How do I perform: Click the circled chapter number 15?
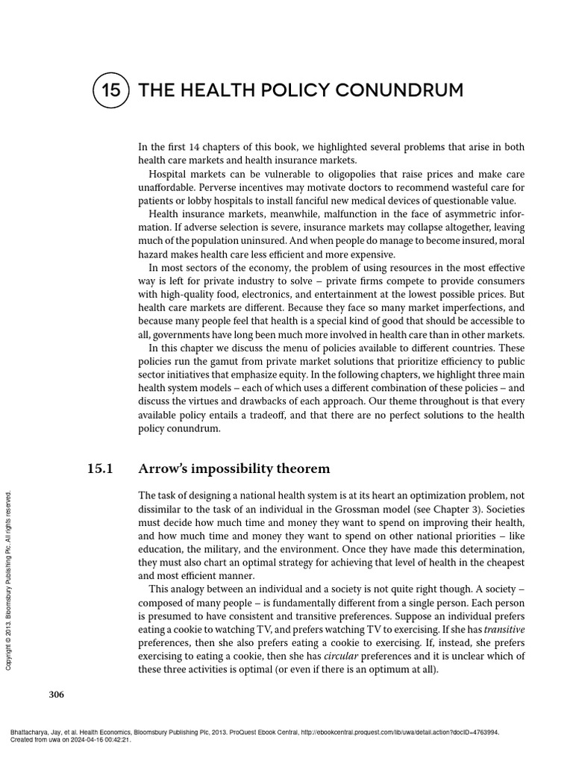coord(110,91)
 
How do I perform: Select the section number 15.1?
coord(100,469)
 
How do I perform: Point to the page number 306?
coord(57,695)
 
